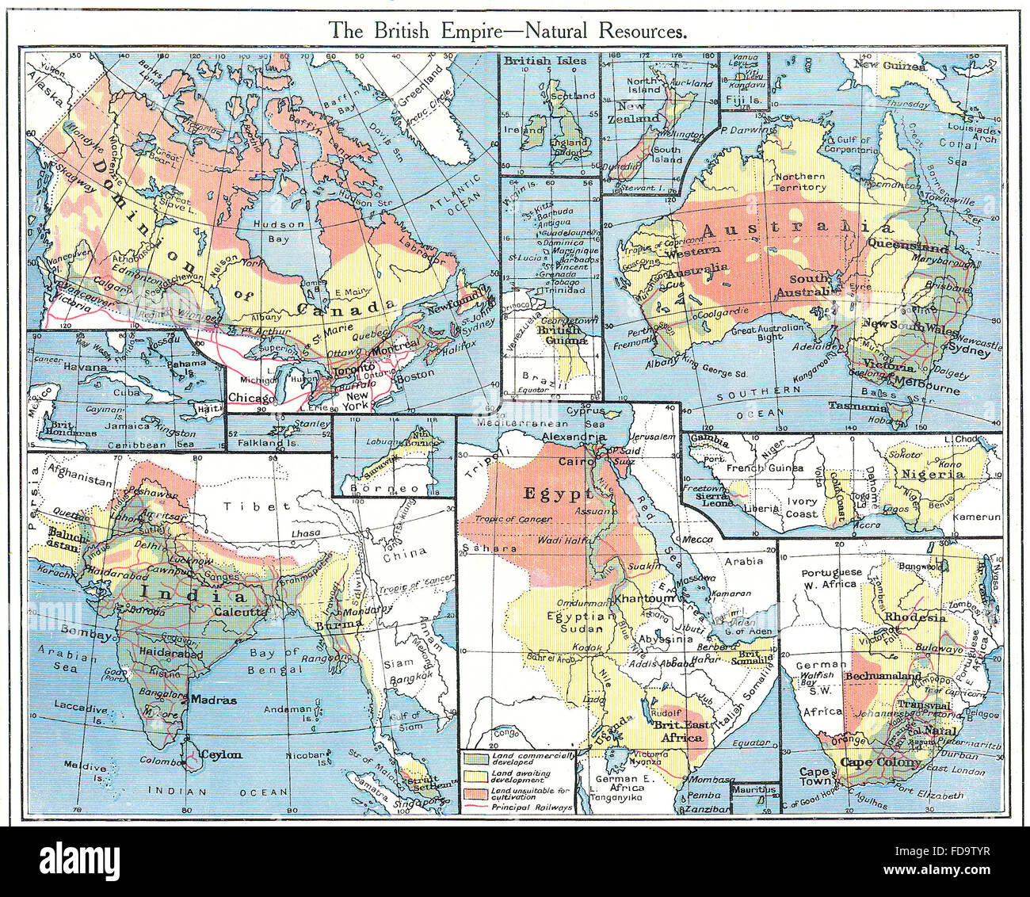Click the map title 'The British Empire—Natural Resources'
point(508,31)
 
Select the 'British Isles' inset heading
point(545,60)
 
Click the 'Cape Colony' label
point(881,762)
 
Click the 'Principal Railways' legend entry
point(531,807)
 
